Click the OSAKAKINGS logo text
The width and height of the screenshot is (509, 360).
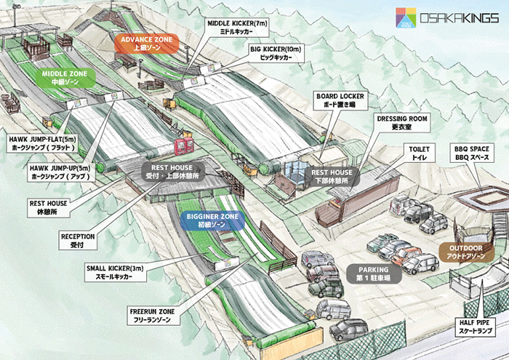click(x=459, y=18)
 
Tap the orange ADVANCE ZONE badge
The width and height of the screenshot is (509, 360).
click(x=147, y=44)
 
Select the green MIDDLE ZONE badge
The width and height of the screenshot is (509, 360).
click(x=65, y=78)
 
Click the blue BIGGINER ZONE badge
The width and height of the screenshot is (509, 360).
click(x=212, y=220)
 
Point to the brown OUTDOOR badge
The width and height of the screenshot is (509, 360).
click(x=466, y=252)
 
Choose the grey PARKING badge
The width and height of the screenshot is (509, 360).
click(x=374, y=273)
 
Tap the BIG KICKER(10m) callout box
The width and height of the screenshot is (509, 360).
click(x=276, y=53)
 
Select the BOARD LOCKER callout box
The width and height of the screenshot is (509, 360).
click(x=340, y=100)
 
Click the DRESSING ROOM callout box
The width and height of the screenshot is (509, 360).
click(x=402, y=123)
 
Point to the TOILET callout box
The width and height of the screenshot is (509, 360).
click(x=419, y=153)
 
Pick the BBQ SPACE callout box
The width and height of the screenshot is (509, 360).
click(x=472, y=153)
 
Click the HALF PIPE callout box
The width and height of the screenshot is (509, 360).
click(x=474, y=327)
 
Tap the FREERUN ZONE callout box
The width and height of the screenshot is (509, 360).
click(x=152, y=316)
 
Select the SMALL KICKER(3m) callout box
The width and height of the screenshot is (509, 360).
click(x=115, y=272)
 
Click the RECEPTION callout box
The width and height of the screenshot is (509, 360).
click(x=78, y=241)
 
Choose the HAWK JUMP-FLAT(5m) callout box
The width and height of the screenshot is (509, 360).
click(x=42, y=143)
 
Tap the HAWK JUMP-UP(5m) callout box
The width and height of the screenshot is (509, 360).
click(x=60, y=172)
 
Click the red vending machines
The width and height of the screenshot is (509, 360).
click(x=184, y=145)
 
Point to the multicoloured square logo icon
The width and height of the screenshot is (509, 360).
click(x=406, y=18)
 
